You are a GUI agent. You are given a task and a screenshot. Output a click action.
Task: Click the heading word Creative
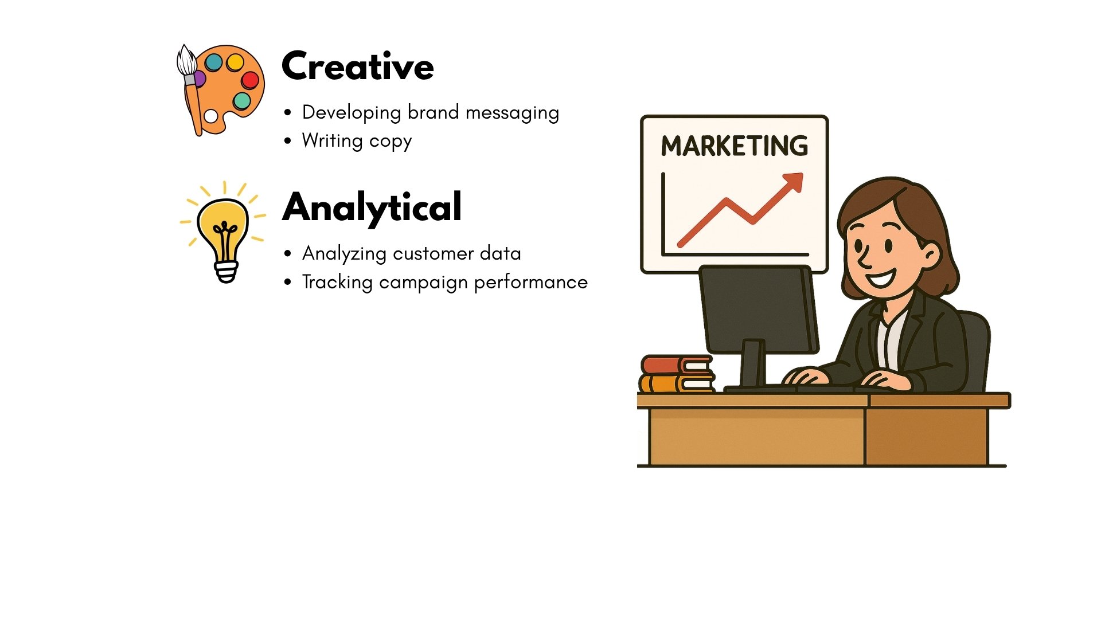358,66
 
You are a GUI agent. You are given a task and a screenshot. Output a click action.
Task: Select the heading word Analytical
372,208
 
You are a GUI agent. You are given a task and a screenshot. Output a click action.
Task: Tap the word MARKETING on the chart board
735,146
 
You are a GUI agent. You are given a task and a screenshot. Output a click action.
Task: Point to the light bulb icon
224,232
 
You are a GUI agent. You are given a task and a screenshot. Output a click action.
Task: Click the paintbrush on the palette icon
190,89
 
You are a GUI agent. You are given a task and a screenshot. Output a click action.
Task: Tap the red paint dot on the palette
250,80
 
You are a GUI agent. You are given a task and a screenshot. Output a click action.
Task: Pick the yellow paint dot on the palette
235,62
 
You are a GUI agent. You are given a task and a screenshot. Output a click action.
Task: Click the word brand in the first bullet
434,112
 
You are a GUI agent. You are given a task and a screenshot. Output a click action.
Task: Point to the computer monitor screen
759,309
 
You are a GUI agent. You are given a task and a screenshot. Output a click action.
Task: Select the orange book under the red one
677,383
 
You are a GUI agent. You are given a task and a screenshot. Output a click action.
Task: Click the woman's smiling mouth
880,279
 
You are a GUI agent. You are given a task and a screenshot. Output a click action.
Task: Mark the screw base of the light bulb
226,272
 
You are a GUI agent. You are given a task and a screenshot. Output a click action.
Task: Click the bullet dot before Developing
287,112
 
